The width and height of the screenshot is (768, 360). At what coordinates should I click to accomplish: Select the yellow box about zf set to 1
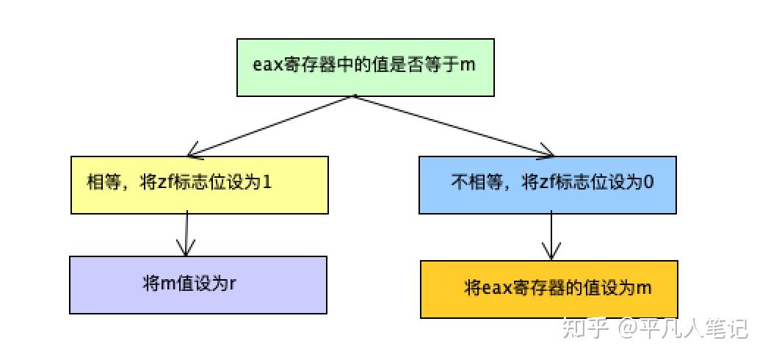[x=199, y=184]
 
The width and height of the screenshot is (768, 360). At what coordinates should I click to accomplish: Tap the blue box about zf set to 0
[x=547, y=184]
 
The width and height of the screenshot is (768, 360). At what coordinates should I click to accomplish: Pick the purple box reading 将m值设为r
[x=198, y=284]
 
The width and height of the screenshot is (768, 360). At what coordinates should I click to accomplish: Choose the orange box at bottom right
[x=548, y=289]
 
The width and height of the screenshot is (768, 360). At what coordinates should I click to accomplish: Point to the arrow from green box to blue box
[x=454, y=126]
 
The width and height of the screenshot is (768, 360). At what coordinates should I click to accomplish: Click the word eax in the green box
[x=268, y=64]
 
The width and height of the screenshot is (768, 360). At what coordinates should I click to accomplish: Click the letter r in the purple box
[x=233, y=284]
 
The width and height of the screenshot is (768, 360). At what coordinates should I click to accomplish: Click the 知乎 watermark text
[x=585, y=328]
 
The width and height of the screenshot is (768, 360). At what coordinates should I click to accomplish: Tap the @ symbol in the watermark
[x=626, y=328]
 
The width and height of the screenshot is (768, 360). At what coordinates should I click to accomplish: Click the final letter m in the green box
[x=468, y=64]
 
